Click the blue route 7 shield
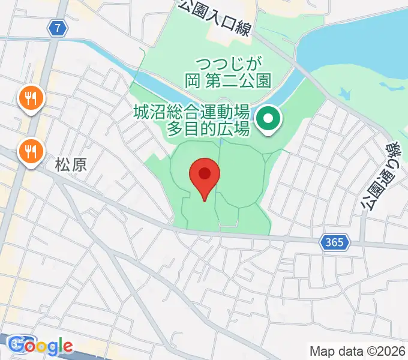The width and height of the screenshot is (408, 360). (x=57, y=27)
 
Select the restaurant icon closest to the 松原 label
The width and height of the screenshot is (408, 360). (x=29, y=151)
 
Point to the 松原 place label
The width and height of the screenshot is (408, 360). (x=71, y=165)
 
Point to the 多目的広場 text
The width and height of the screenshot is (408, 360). (x=208, y=127)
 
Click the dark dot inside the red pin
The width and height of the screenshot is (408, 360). (x=205, y=174)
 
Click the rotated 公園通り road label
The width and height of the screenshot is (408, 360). (x=377, y=177)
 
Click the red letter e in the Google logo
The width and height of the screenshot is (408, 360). (x=67, y=346)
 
